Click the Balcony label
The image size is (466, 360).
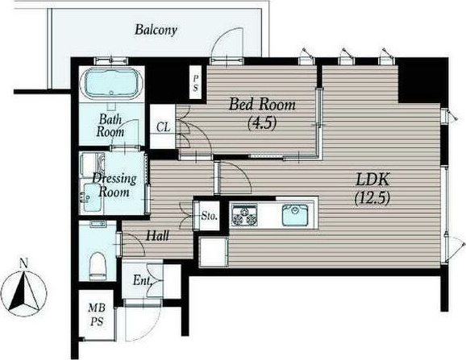pos(156,30)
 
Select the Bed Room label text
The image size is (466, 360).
pos(262,105)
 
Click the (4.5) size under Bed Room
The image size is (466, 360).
pos(262,122)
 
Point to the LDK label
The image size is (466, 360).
pos(372,180)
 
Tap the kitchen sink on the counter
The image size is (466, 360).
pos(295,215)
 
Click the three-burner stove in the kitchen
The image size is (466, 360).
pos(244,215)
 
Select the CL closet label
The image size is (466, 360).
pos(164,127)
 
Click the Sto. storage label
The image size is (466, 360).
pos(210,216)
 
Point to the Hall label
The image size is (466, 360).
pos(157,236)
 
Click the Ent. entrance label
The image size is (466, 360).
pos(143,280)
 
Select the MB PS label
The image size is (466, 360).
pos(97,315)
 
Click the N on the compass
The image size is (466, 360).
pos(23,263)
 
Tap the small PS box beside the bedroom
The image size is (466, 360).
pos(196,82)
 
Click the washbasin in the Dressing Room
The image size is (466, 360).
pos(92,197)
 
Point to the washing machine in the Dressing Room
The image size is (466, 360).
pos(93,165)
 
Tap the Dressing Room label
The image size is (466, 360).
pos(114,185)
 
